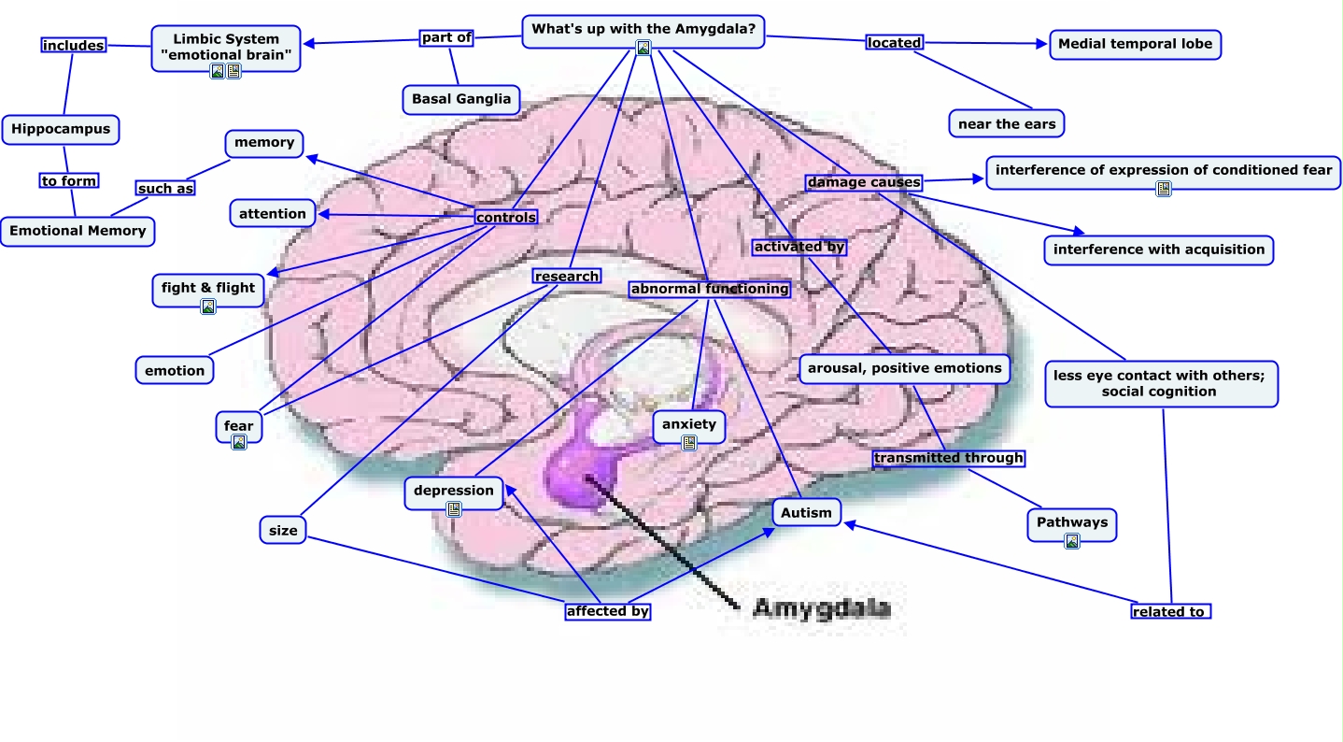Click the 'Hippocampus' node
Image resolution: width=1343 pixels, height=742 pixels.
pyautogui.click(x=61, y=130)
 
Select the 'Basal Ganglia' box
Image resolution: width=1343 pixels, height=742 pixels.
pyautogui.click(x=461, y=100)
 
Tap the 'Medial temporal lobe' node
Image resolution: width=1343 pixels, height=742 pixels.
pyautogui.click(x=1135, y=44)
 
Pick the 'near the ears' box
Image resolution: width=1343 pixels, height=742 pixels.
pyautogui.click(x=1007, y=123)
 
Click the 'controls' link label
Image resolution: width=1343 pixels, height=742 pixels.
pyautogui.click(x=505, y=217)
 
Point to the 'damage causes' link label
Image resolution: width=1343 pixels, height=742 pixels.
pyautogui.click(x=863, y=182)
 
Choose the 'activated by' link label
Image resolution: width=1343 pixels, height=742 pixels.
pyautogui.click(x=799, y=247)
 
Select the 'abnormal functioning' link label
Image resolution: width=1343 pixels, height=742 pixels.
pyautogui.click(x=710, y=289)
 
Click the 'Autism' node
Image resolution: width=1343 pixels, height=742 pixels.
pyautogui.click(x=806, y=513)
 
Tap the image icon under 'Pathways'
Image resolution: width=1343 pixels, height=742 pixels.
pyautogui.click(x=1072, y=542)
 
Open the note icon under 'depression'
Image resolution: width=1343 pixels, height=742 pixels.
pyautogui.click(x=454, y=510)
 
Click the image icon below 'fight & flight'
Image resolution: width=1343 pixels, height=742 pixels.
pyautogui.click(x=208, y=307)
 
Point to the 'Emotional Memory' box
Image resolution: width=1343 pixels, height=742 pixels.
pyautogui.click(x=78, y=232)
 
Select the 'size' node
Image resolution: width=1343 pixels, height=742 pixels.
pyautogui.click(x=283, y=530)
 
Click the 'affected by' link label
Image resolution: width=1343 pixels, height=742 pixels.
pyautogui.click(x=608, y=611)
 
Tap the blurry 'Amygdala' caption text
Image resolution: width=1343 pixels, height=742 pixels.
pyautogui.click(x=822, y=608)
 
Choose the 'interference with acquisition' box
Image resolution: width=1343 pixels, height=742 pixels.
pyautogui.click(x=1159, y=250)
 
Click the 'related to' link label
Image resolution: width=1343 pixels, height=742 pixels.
pyautogui.click(x=1171, y=612)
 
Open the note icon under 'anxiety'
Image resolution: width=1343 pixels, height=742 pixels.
pyautogui.click(x=689, y=443)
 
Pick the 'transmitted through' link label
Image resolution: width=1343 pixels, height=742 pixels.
pyautogui.click(x=949, y=458)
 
